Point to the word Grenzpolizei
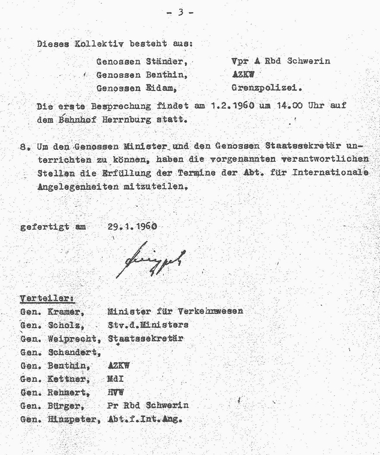267,88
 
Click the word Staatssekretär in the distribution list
145,338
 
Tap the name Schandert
73,352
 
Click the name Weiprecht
73,338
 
